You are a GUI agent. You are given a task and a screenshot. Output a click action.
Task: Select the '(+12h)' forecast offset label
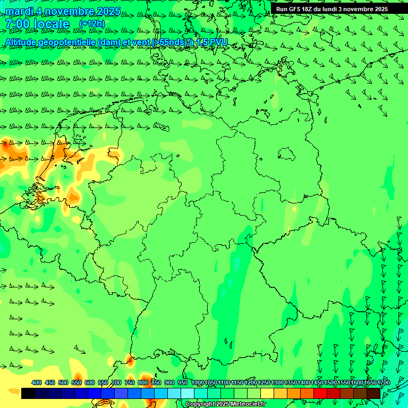pyautogui.click(x=92, y=24)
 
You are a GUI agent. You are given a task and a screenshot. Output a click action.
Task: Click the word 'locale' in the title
pyautogui.click(x=51, y=24)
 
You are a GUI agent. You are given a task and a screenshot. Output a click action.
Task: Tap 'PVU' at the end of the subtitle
pyautogui.click(x=218, y=42)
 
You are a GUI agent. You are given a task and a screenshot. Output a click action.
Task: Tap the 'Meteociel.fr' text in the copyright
pyautogui.click(x=249, y=404)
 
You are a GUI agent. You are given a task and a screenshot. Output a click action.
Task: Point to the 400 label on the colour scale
pyautogui.click(x=37, y=383)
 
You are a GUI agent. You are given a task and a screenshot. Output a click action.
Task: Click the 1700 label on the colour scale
pyautogui.click(x=383, y=383)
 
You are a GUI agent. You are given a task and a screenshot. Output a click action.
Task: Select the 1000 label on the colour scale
pyautogui.click(x=198, y=383)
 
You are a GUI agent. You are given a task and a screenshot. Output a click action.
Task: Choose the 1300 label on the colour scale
pyautogui.click(x=277, y=383)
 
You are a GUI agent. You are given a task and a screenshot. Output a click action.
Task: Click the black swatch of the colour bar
pyautogui.click(x=28, y=394)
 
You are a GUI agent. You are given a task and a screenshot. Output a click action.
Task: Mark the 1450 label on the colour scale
pyautogui.click(x=317, y=383)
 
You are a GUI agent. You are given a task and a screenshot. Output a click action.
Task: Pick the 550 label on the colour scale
pyautogui.click(x=76, y=383)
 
